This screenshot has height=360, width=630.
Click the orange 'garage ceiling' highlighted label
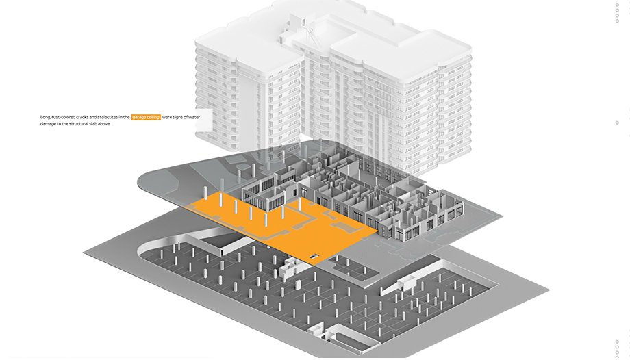[x=146, y=118]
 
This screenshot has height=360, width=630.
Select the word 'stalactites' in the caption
[x=106, y=118]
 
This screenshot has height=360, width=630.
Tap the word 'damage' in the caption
[x=49, y=124]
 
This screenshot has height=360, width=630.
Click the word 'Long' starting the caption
[x=45, y=118]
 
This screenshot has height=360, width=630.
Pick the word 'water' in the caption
[x=194, y=118]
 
